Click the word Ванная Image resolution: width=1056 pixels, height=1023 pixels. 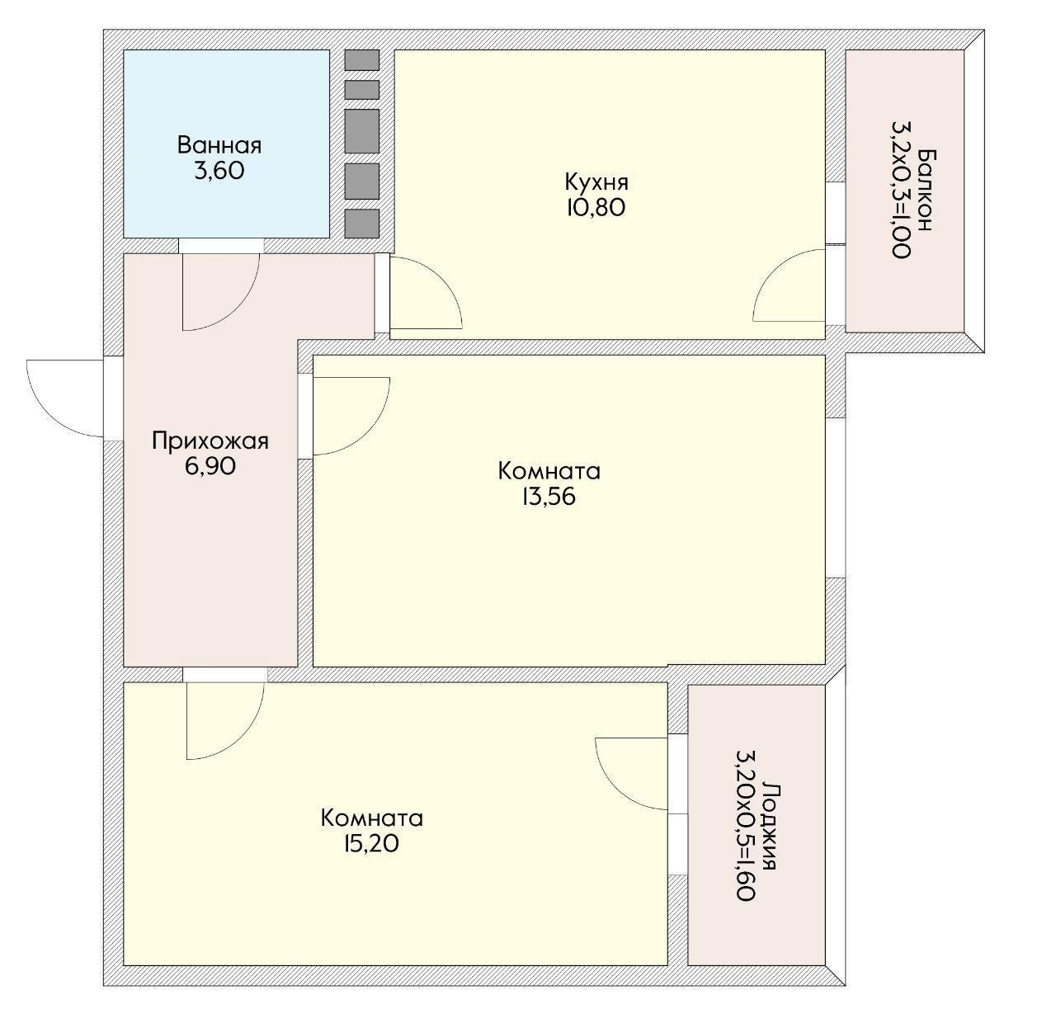pos(219,145)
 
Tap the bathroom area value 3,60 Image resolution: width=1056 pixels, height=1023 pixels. pos(219,171)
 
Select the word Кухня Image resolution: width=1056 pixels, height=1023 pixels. pos(596,181)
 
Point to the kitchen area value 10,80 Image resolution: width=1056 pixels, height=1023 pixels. pos(596,207)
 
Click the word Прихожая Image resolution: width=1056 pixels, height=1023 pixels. pos(210,441)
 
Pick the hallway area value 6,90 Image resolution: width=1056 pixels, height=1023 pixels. pos(210,466)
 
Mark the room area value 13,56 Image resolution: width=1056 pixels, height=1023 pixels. pos(549,497)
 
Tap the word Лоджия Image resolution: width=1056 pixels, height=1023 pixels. pos(771,827)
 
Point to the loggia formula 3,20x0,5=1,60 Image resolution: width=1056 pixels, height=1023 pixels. pos(746,826)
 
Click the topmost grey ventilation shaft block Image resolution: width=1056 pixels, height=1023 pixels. pos(362,60)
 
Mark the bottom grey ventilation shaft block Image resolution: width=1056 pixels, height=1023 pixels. pos(362,224)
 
